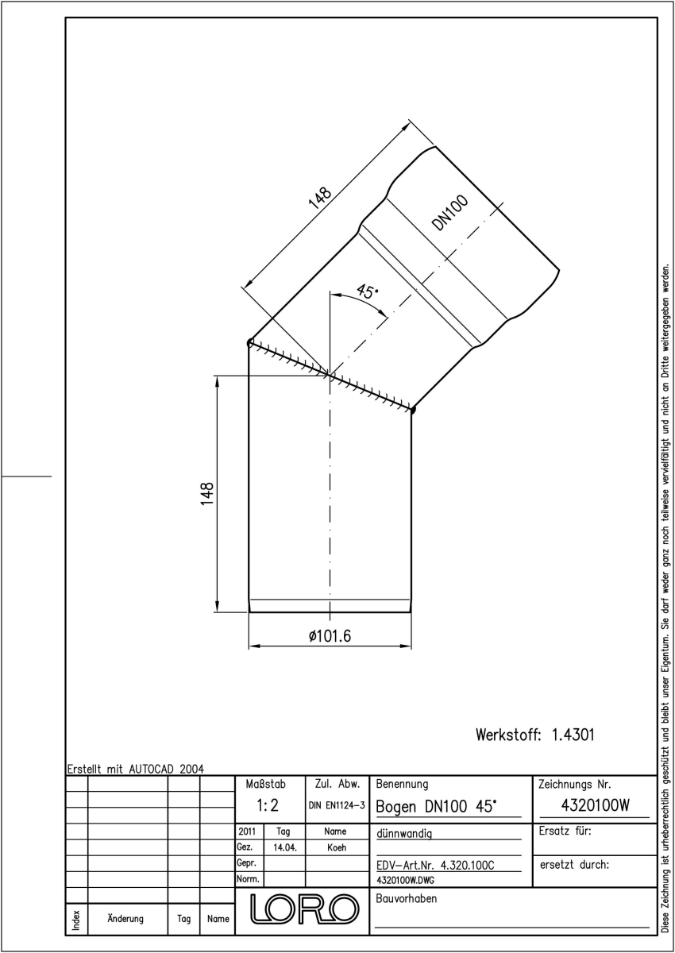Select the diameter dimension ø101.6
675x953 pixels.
click(x=330, y=636)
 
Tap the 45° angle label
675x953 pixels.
click(x=367, y=292)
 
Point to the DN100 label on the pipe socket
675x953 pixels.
click(x=449, y=213)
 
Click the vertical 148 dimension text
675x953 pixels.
click(x=207, y=494)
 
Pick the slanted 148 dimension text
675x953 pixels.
click(x=319, y=199)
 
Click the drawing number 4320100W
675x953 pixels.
click(x=595, y=805)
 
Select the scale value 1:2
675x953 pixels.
click(x=268, y=805)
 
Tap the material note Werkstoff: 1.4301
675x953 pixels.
click(x=534, y=735)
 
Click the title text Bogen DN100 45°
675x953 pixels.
click(x=437, y=806)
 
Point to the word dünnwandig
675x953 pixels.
click(x=404, y=833)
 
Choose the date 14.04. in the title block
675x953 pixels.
click(x=284, y=848)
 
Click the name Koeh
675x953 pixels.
click(x=337, y=847)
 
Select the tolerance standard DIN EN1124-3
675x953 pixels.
click(x=337, y=805)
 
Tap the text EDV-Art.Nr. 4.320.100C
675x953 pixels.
click(x=435, y=866)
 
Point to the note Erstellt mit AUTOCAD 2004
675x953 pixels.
click(x=136, y=769)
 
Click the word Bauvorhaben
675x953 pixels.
click(x=407, y=898)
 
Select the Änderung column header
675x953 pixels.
click(x=125, y=919)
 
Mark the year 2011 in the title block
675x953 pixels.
click(x=247, y=831)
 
